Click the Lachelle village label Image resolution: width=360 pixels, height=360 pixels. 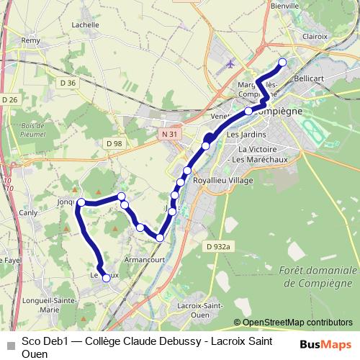pos(86,24)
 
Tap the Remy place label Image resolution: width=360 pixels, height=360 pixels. pos(31,41)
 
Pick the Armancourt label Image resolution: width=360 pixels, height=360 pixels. pos(145,257)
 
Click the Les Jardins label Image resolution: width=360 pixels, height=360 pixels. pos(246,135)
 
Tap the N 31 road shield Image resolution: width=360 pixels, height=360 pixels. pos(170,135)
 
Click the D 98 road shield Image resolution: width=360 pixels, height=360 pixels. pos(113,143)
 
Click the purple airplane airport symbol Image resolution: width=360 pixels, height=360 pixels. pos(230,63)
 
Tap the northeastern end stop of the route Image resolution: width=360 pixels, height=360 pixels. pos(282,62)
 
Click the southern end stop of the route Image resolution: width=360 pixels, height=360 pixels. pos(107,277)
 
